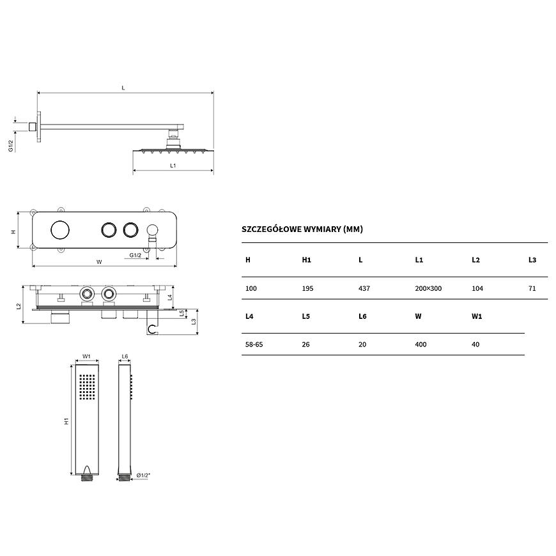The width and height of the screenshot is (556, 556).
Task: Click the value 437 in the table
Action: [364, 289]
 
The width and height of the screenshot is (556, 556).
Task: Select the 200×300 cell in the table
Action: [428, 289]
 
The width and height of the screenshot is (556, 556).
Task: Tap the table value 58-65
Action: [254, 344]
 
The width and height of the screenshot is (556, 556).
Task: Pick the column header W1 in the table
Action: [477, 316]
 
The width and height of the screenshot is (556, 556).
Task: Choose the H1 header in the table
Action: [306, 260]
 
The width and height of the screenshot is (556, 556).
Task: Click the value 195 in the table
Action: [307, 289]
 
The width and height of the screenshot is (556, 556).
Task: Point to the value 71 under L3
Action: [532, 289]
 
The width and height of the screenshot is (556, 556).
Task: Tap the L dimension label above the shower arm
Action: [123, 88]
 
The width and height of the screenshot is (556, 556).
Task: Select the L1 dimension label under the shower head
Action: [173, 166]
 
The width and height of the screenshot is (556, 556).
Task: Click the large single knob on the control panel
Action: [60, 230]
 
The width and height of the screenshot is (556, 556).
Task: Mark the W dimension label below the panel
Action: [99, 262]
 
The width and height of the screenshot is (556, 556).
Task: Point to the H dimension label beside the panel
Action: [13, 232]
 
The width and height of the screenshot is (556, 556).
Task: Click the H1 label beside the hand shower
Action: [66, 421]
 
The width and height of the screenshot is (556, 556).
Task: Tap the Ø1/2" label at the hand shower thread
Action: [143, 475]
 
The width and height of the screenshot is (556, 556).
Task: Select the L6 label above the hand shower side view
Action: [125, 357]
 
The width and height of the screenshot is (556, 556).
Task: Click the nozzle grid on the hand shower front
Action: [87, 387]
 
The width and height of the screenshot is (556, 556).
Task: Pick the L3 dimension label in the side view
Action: [194, 321]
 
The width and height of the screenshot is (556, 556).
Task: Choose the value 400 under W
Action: [421, 344]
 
